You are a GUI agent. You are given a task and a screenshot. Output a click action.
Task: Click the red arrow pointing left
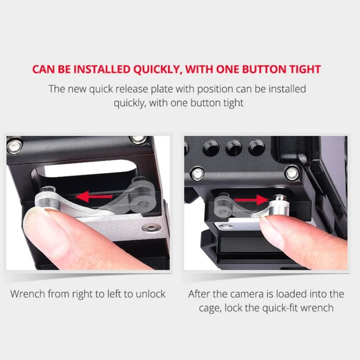click(x=94, y=197)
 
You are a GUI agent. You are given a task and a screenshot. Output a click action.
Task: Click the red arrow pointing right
click(x=251, y=200)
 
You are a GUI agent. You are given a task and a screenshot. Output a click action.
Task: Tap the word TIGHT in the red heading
click(x=305, y=69)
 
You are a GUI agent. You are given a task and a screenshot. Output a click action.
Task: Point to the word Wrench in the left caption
click(x=27, y=294)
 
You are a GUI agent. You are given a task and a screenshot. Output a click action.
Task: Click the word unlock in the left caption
click(x=150, y=294)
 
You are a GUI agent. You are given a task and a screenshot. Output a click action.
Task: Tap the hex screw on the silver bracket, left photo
click(x=151, y=228)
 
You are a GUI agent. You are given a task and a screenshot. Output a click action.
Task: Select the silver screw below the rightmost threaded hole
click(x=292, y=173)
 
